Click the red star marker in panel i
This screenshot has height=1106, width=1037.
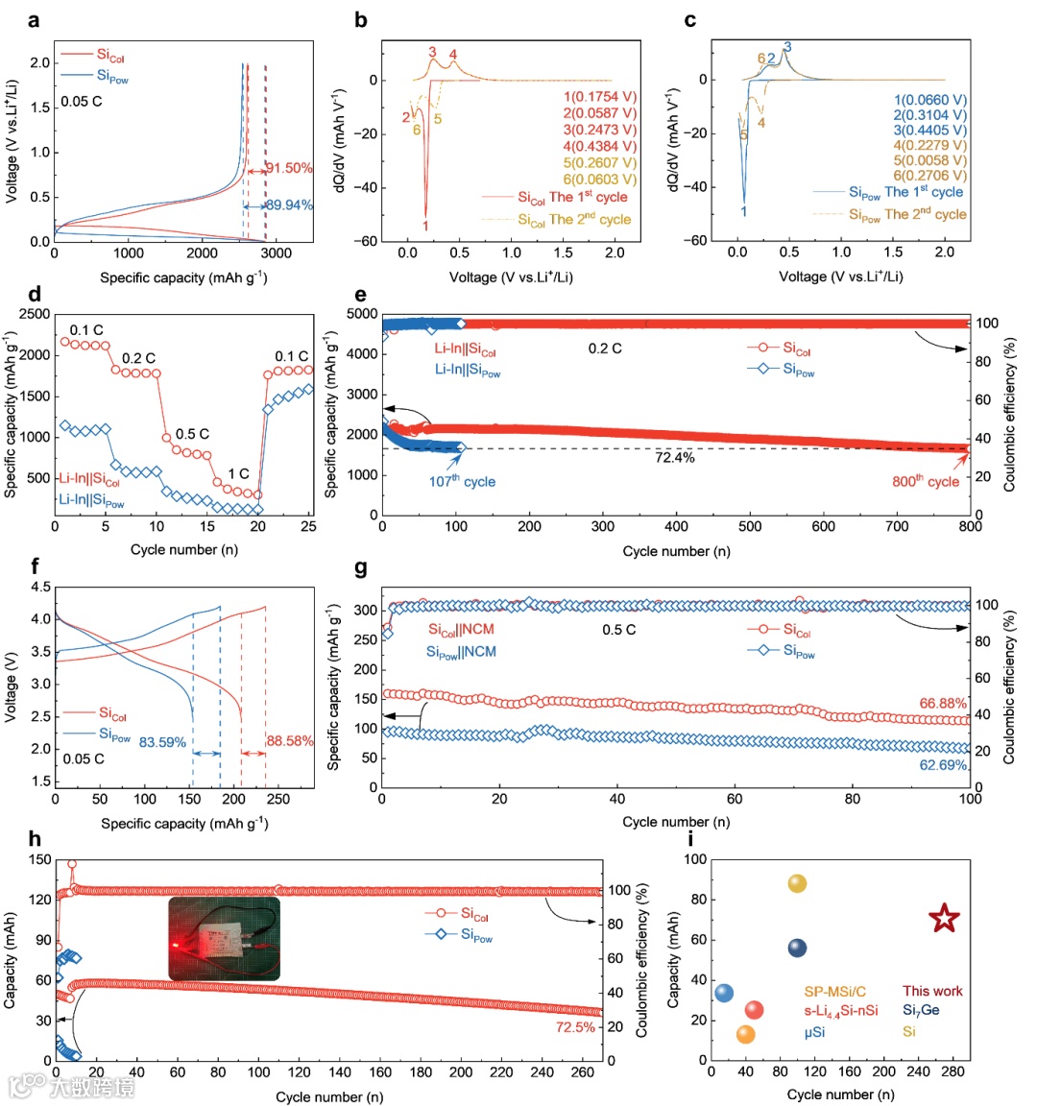pyautogui.click(x=945, y=919)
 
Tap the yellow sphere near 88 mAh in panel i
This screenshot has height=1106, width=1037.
pyautogui.click(x=797, y=883)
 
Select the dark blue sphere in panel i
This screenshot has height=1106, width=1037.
pyautogui.click(x=797, y=949)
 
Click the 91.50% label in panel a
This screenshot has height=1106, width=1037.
pyautogui.click(x=289, y=168)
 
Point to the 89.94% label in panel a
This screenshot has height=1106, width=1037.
pyautogui.click(x=289, y=205)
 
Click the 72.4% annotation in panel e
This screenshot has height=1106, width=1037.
pyautogui.click(x=675, y=458)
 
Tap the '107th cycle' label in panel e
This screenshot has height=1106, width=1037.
pyautogui.click(x=462, y=481)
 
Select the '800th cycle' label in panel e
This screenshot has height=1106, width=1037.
pyautogui.click(x=926, y=481)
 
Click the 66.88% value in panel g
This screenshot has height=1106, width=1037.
pyautogui.click(x=943, y=704)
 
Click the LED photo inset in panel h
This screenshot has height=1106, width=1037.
pyautogui.click(x=224, y=938)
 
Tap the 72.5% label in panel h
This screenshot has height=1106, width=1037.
pyautogui.click(x=575, y=1027)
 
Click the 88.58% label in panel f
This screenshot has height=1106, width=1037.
pyautogui.click(x=290, y=741)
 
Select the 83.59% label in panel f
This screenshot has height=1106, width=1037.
pyautogui.click(x=162, y=742)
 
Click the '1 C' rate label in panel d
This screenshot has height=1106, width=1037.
pyautogui.click(x=238, y=473)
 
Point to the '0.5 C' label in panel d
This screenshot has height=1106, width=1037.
pyautogui.click(x=191, y=434)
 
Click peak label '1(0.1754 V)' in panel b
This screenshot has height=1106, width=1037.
pyautogui.click(x=600, y=97)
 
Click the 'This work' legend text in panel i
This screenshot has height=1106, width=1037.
pyautogui.click(x=931, y=991)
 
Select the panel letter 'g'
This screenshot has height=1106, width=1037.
pyautogui.click(x=361, y=568)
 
